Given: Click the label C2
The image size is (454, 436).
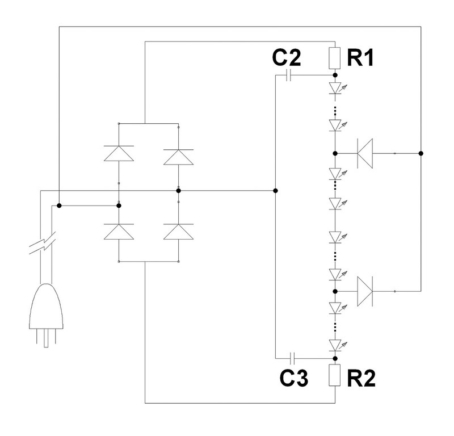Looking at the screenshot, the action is pyautogui.click(x=287, y=58).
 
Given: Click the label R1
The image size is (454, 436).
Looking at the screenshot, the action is pyautogui.click(x=360, y=58).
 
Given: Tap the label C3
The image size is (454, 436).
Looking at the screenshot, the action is pyautogui.click(x=294, y=378).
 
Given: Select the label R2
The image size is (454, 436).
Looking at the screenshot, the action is pyautogui.click(x=361, y=378).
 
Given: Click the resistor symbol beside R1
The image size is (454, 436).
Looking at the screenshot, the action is pyautogui.click(x=335, y=58).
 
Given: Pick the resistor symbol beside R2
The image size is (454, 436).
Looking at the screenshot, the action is pyautogui.click(x=335, y=375).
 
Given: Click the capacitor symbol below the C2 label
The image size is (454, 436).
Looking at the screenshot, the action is pyautogui.click(x=288, y=76).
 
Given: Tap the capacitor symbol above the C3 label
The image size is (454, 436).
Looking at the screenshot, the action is pyautogui.click(x=292, y=358).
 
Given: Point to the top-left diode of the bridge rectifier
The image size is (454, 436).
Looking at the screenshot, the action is pyautogui.click(x=119, y=153).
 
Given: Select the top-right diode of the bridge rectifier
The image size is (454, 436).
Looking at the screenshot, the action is pyautogui.click(x=178, y=157).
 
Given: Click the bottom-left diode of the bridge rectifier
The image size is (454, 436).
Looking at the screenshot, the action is pyautogui.click(x=119, y=232).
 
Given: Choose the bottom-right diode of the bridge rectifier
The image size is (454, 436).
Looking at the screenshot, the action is pyautogui.click(x=178, y=232).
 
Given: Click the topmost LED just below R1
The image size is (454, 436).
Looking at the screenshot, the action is pyautogui.click(x=337, y=88).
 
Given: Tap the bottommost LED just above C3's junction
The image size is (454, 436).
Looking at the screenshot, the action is pyautogui.click(x=337, y=345).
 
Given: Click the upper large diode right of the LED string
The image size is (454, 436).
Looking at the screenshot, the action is pyautogui.click(x=365, y=153).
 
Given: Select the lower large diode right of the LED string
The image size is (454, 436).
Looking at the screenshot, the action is pyautogui.click(x=365, y=291).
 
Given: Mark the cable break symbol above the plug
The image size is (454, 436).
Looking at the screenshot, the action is pyautogui.click(x=42, y=243).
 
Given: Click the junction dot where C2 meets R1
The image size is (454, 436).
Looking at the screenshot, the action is pyautogui.click(x=335, y=76).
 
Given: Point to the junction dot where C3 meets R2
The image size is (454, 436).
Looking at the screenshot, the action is pyautogui.click(x=335, y=358).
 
